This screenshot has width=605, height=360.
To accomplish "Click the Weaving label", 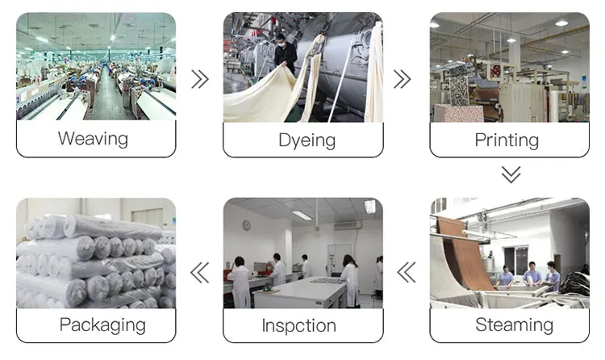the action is pyautogui.click(x=93, y=139).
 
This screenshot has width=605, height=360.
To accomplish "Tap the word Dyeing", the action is pyautogui.click(x=307, y=140).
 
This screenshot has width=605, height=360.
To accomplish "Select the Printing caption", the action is pyautogui.click(x=507, y=140).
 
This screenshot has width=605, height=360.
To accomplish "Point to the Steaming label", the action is pyautogui.click(x=514, y=325).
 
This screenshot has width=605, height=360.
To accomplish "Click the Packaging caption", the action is pyautogui.click(x=102, y=326).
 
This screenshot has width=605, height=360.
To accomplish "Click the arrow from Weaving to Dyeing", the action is pyautogui.click(x=199, y=79).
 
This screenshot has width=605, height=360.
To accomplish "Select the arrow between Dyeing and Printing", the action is pyautogui.click(x=402, y=79).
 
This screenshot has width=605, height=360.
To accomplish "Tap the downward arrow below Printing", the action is pyautogui.click(x=510, y=175).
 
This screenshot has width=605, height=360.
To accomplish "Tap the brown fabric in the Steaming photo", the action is pyautogui.click(x=468, y=254).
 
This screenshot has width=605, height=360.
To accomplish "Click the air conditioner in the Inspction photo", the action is pyautogui.click(x=348, y=225).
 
